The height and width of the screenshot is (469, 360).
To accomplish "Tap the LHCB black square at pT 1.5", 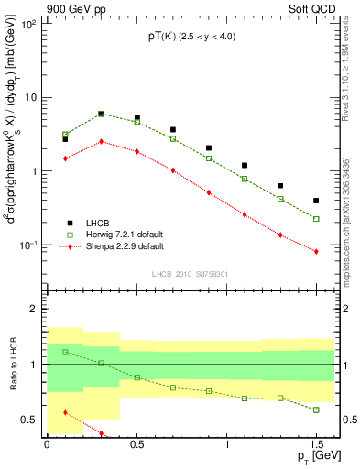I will [x=316, y=201].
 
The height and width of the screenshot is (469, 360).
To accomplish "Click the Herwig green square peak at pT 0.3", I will [x=101, y=115].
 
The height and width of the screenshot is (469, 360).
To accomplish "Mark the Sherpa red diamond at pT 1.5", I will [x=316, y=252].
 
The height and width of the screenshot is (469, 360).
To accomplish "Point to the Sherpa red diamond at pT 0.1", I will [x=65, y=158].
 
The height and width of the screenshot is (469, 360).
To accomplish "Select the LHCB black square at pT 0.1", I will [x=65, y=139].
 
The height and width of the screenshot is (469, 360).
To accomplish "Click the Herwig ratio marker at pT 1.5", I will [x=316, y=409].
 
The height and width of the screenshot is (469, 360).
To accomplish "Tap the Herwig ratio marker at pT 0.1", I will [x=65, y=352].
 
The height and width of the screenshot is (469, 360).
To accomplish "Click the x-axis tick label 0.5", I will [x=136, y=443].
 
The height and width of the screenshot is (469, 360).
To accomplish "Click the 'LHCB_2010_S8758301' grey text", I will [x=191, y=273].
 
